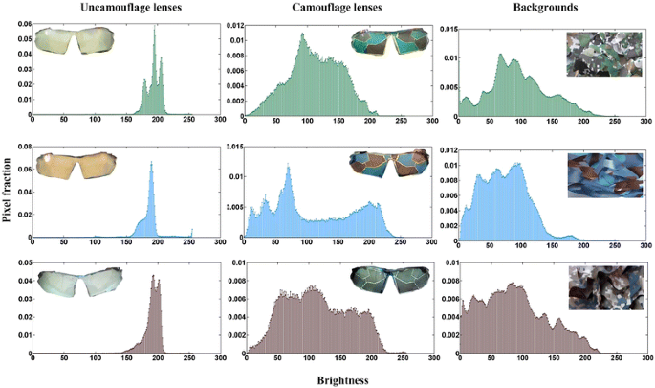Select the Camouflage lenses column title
pos(330,8)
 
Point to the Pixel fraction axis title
pos(8,192)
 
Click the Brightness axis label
pos(342,379)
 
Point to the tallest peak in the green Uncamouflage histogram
pos(155,29)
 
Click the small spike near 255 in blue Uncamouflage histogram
pos(192,231)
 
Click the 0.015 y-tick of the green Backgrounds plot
pos(446,30)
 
